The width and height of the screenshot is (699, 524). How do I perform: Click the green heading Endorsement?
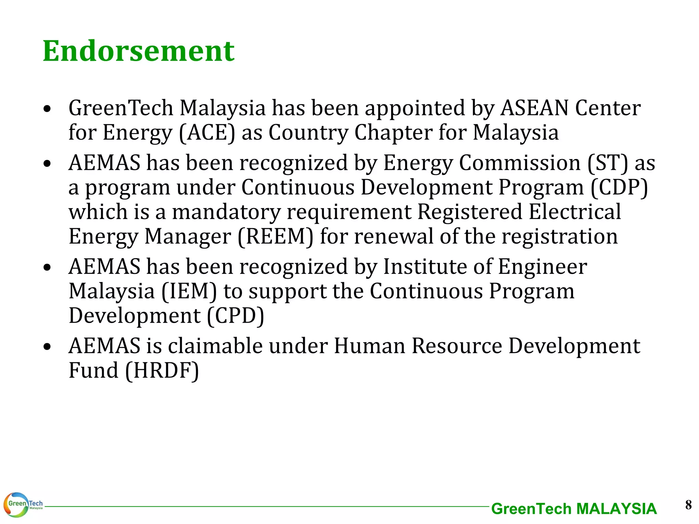point(139,51)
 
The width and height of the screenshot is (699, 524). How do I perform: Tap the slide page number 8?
point(688,505)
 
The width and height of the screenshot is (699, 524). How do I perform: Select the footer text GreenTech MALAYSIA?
point(574,509)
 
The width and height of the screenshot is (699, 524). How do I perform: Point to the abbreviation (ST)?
point(608,163)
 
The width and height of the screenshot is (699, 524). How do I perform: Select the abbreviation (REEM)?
point(275,236)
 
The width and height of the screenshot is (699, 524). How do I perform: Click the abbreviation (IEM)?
point(189,291)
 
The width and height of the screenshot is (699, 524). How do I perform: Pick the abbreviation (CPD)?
point(236,316)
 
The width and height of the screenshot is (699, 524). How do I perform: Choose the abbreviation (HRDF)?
point(162,370)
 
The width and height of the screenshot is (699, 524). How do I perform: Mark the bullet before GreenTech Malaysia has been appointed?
point(47,109)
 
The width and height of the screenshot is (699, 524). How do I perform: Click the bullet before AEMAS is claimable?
point(47,347)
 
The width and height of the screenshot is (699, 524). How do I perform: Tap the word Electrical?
point(575,212)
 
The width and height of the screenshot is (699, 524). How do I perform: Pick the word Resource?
point(457,346)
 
